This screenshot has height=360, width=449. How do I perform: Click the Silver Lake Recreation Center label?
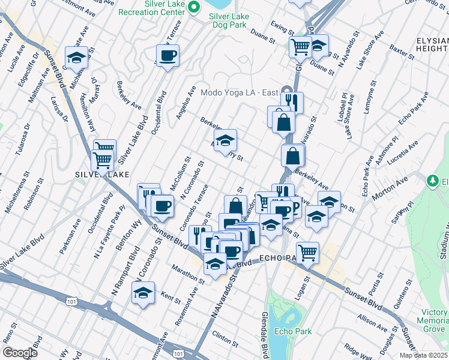pos(154,11)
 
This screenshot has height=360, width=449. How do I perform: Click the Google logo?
pos(20,353)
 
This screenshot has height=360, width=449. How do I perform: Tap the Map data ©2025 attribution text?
pos(423,355)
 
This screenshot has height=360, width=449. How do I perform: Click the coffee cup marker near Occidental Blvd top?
pos(167,56)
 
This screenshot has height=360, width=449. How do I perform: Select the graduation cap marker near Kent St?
pos(143,292)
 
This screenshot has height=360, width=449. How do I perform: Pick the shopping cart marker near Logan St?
pos(307,251)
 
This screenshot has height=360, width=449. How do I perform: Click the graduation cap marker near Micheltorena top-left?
pos(76,58)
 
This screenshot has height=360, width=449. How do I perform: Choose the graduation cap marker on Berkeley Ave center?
pos(225,141)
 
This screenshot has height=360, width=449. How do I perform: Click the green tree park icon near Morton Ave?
pos(432,180)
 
